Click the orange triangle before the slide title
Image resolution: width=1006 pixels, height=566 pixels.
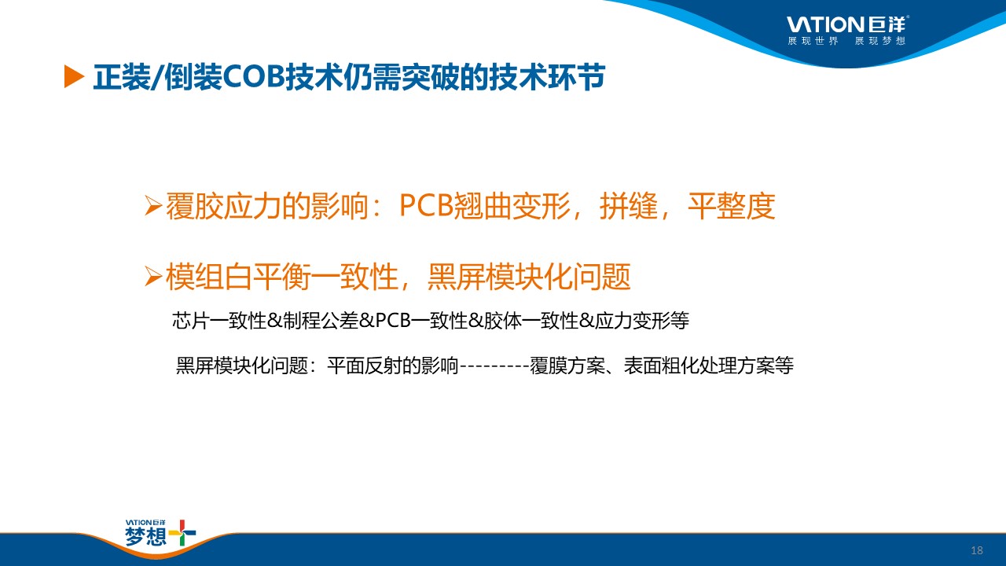tap(74, 77)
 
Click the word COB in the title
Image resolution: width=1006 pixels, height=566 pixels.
tap(254, 77)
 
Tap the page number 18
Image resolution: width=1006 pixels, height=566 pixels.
tap(976, 550)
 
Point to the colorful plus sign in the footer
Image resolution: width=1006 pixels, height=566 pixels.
tap(182, 533)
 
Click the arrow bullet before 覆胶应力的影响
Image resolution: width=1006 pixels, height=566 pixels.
tap(153, 206)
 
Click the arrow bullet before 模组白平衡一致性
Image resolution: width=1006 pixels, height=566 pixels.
tap(153, 276)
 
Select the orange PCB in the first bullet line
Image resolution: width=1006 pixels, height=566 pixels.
tap(426, 206)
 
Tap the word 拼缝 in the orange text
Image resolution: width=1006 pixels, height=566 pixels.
tap(629, 206)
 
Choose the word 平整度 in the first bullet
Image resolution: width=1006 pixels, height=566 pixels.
tap(732, 206)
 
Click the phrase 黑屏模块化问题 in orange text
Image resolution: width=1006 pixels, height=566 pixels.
tap(529, 276)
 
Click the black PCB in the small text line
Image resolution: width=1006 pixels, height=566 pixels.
tap(393, 321)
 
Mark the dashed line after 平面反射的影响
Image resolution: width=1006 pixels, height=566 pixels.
tap(494, 366)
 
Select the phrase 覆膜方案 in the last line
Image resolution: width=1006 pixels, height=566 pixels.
tap(567, 366)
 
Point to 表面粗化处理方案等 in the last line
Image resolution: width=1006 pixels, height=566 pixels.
tap(709, 366)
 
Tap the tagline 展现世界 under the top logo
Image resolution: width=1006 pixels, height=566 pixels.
tap(813, 41)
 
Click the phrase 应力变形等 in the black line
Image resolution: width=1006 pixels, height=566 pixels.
tap(642, 321)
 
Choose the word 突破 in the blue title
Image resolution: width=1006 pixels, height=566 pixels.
tap(431, 77)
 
